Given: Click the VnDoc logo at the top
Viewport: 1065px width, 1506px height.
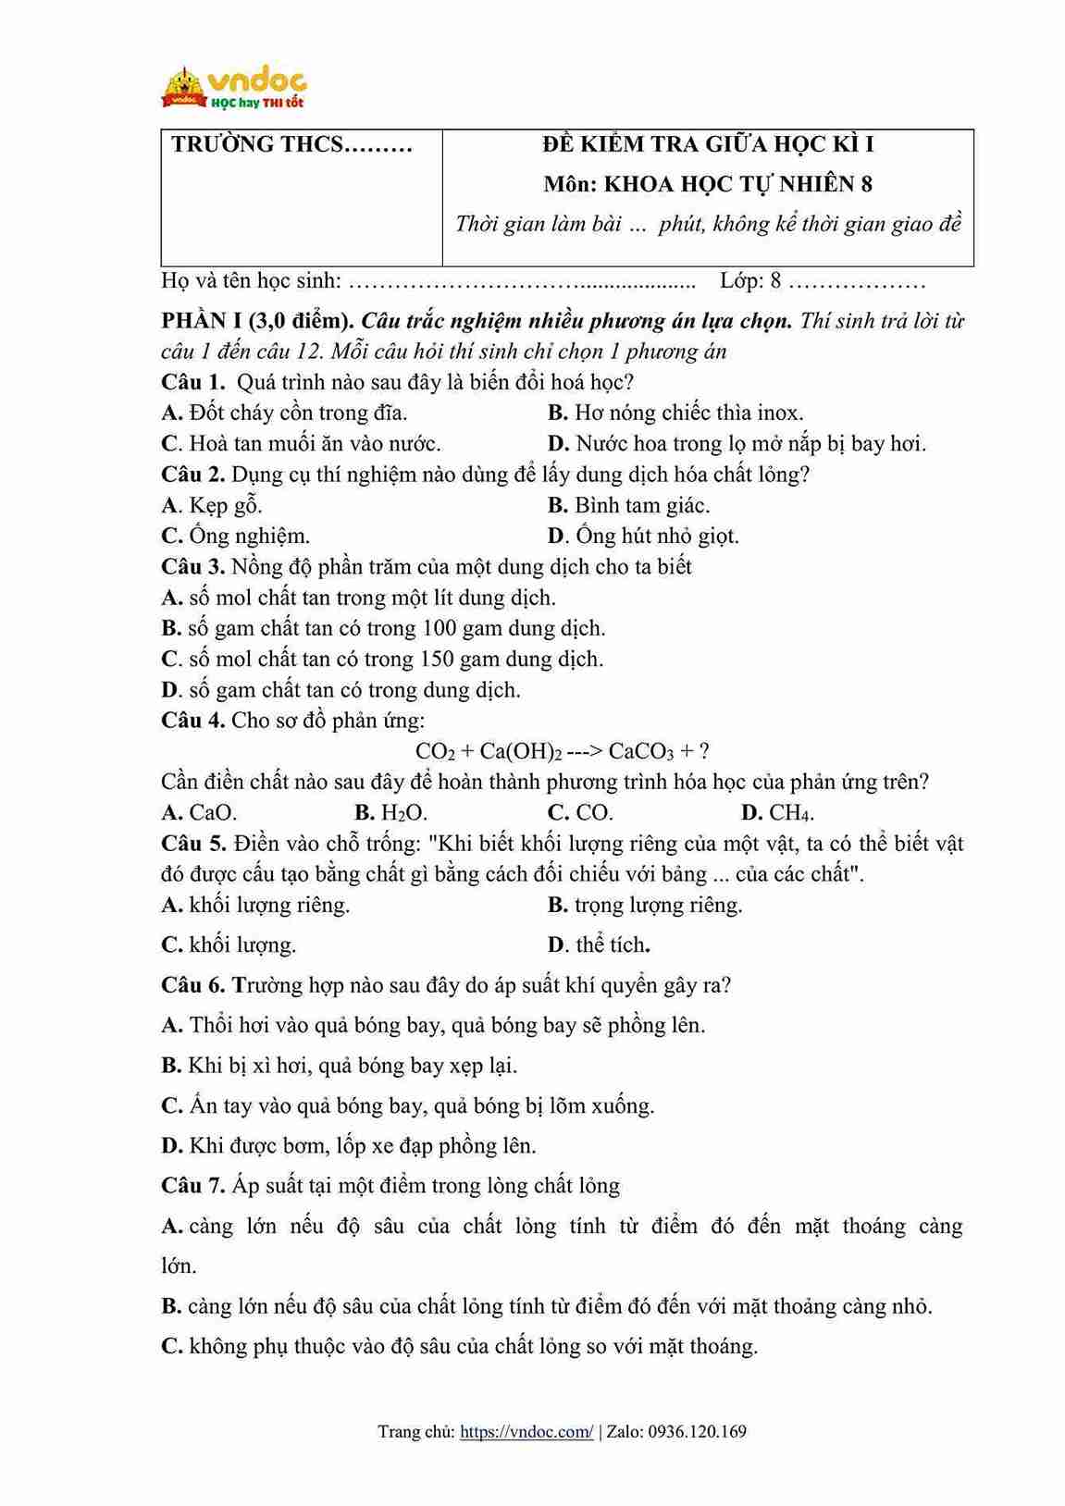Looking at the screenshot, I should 234,89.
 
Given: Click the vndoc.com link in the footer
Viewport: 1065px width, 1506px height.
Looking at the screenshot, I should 526,1431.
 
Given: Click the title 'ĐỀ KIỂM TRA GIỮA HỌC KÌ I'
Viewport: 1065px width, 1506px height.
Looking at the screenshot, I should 708,144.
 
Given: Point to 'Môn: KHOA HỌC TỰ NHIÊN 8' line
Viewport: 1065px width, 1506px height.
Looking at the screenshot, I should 708,184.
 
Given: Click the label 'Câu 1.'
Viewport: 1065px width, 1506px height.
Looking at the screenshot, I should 192,382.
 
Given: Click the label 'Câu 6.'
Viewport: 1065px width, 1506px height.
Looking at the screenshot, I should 192,985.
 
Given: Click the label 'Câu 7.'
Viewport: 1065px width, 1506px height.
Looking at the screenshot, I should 192,1186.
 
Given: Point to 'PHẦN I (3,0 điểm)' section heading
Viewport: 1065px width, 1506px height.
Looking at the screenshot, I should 257,321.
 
